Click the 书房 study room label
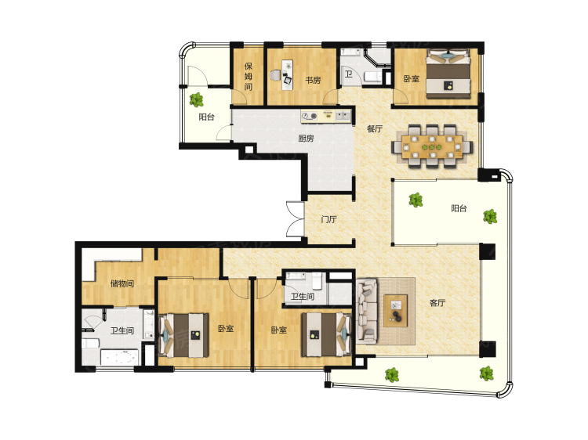point(313,80)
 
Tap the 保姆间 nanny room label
point(249,77)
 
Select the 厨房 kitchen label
point(306,139)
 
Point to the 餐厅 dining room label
point(374,129)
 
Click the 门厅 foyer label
point(328,219)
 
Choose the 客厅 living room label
point(437,302)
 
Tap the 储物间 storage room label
point(122,283)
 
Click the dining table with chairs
point(432,146)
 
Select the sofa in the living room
point(366,311)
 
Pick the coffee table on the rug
point(396,311)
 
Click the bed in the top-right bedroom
point(449,74)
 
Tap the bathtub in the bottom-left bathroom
point(120,358)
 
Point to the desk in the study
point(288,74)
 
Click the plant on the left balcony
point(196,99)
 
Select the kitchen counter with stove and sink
point(326,116)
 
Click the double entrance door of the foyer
point(295,219)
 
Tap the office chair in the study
point(275,75)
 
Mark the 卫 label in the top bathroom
point(348,74)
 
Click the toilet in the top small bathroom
point(372,77)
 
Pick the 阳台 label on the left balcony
point(206,117)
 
